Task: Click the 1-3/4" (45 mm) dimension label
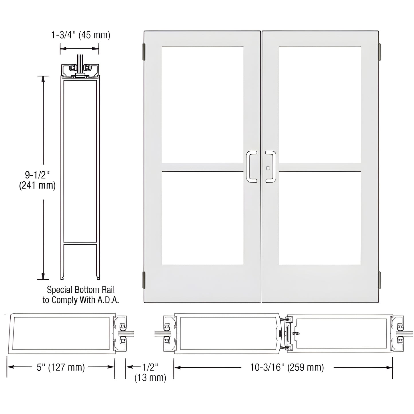(x=81, y=35)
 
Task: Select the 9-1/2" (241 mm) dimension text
(x=37, y=179)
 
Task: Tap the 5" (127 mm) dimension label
(x=61, y=367)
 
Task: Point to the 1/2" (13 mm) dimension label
(x=150, y=372)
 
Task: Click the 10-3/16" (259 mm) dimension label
(x=287, y=367)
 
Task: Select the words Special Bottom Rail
(x=81, y=290)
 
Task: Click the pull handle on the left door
(x=251, y=166)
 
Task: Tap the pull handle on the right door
(x=271, y=166)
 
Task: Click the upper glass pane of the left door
(x=202, y=105)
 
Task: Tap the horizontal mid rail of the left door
(x=202, y=167)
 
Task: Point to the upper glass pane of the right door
(x=319, y=105)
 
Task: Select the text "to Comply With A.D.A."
(x=81, y=300)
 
